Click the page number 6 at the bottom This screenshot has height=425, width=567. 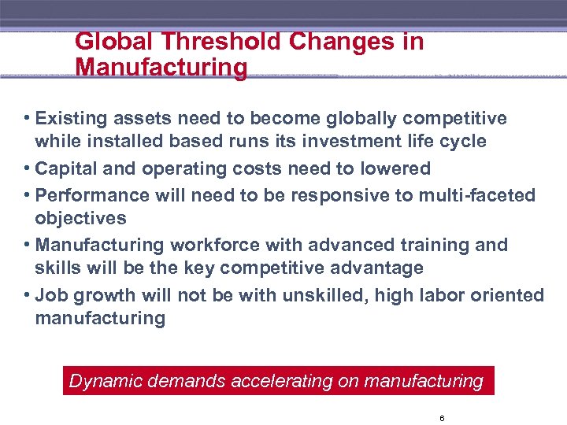click(442, 418)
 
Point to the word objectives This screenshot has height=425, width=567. click(80, 218)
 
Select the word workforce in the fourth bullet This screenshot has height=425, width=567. click(201, 246)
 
